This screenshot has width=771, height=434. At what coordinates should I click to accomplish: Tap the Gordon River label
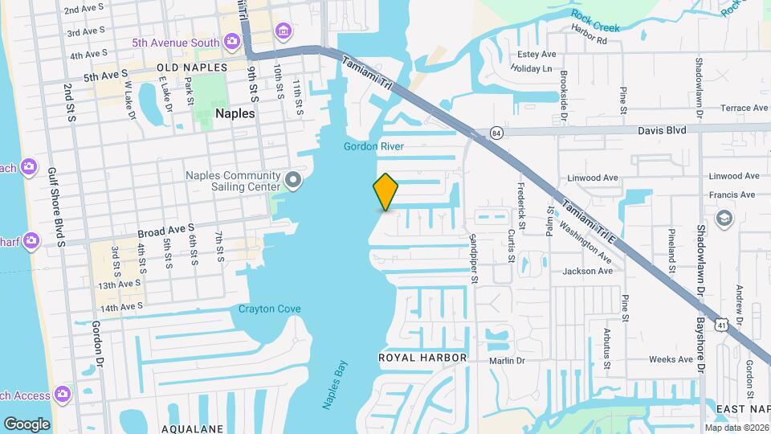(x=373, y=146)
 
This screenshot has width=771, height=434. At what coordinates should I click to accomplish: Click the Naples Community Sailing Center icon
(x=294, y=178)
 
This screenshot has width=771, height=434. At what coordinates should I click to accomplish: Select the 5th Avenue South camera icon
(x=232, y=40)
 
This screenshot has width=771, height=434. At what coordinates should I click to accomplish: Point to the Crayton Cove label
(x=269, y=309)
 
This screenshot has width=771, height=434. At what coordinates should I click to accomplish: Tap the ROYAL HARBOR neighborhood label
(x=411, y=357)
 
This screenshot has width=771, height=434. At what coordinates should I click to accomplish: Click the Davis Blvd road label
(x=663, y=129)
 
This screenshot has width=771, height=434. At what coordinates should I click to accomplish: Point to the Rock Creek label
(x=596, y=21)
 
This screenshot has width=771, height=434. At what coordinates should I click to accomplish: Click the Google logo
(x=27, y=424)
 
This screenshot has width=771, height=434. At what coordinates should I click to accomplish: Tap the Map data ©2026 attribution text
(x=736, y=428)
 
